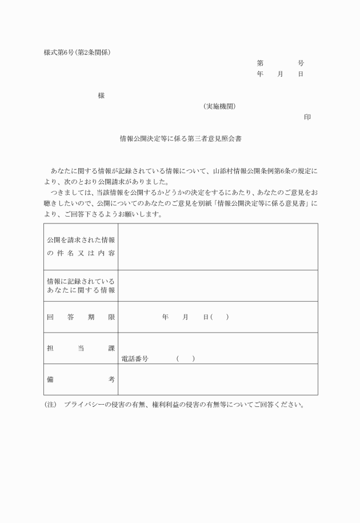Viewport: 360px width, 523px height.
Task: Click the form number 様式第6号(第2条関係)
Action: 77,53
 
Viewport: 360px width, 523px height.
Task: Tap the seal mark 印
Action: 307,117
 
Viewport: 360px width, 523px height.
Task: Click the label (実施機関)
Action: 219,107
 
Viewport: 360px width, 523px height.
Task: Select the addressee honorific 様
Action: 101,96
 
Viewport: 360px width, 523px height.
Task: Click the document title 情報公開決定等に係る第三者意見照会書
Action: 180,138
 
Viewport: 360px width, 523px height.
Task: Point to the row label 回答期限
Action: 81,317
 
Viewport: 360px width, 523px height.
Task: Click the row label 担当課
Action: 81,348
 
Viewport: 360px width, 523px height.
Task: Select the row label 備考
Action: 81,380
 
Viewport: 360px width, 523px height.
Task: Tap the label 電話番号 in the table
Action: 135,359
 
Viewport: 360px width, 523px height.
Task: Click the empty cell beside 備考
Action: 218,380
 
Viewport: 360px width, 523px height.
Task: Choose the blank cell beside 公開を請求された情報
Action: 218,247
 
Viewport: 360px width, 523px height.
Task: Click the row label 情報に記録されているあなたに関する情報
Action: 81,286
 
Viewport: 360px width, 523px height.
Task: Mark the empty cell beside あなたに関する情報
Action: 218,286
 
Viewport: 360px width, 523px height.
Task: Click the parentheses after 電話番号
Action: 186,359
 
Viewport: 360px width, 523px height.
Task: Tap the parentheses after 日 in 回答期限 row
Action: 219,317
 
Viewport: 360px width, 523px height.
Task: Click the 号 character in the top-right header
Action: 301,63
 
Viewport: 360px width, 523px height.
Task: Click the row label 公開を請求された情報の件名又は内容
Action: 81,247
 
